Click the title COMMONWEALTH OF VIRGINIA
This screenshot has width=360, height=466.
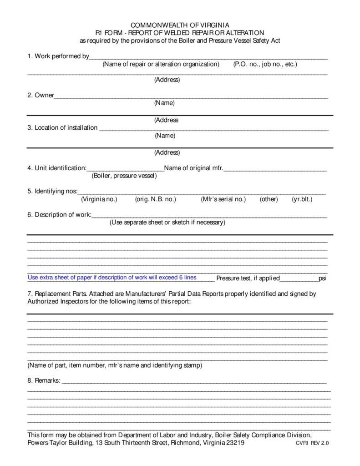point(180,25)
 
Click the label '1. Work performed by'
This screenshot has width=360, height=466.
point(58,56)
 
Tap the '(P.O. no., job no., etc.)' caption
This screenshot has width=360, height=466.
point(265,64)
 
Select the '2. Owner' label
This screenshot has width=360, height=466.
point(41,95)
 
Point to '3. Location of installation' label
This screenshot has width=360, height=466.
point(62,127)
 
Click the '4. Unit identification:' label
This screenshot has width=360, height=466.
point(56,168)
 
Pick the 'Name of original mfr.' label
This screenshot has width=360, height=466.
point(193,168)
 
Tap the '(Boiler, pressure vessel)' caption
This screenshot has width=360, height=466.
point(124,176)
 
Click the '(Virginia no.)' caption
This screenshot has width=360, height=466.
point(99,199)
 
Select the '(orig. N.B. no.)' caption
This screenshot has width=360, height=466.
point(155,199)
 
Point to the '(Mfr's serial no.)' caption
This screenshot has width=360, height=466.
point(223,199)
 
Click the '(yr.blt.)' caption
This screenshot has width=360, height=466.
point(302,199)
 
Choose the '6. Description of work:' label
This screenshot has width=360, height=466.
point(59,215)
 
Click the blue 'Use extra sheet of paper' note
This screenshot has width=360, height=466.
point(112,278)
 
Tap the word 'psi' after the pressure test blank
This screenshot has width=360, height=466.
point(322,278)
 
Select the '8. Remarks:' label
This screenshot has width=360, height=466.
point(44,380)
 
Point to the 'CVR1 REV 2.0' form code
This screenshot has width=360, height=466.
point(312,443)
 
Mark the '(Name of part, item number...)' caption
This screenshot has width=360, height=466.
point(115,365)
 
